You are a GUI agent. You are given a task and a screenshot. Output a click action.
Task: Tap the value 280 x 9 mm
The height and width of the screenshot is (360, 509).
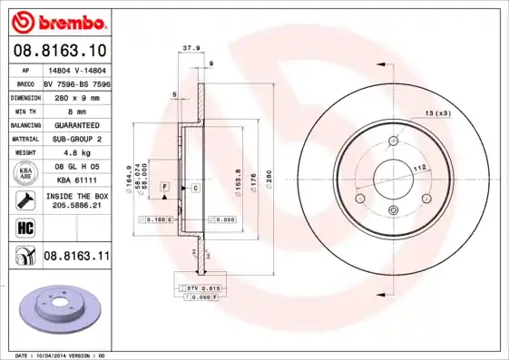tap(74, 97)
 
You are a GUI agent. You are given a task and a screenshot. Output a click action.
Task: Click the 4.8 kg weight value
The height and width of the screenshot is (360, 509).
tap(74, 152)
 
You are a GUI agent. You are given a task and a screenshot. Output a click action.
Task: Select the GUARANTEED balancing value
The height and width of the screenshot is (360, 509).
tap(74, 124)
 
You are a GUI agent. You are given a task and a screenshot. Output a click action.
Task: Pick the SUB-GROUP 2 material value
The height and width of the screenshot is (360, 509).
tap(74, 139)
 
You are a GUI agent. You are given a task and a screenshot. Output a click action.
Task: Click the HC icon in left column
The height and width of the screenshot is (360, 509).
tap(24, 228)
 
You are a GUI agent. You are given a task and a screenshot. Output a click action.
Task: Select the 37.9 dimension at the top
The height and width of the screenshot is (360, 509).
tap(191, 49)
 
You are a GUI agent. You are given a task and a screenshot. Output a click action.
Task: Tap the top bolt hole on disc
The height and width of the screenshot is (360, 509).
tap(393, 140)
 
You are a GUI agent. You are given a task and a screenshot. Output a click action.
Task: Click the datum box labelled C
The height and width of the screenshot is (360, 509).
tap(195, 187)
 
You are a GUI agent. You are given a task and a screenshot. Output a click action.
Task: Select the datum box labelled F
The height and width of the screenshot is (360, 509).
tap(164, 187)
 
